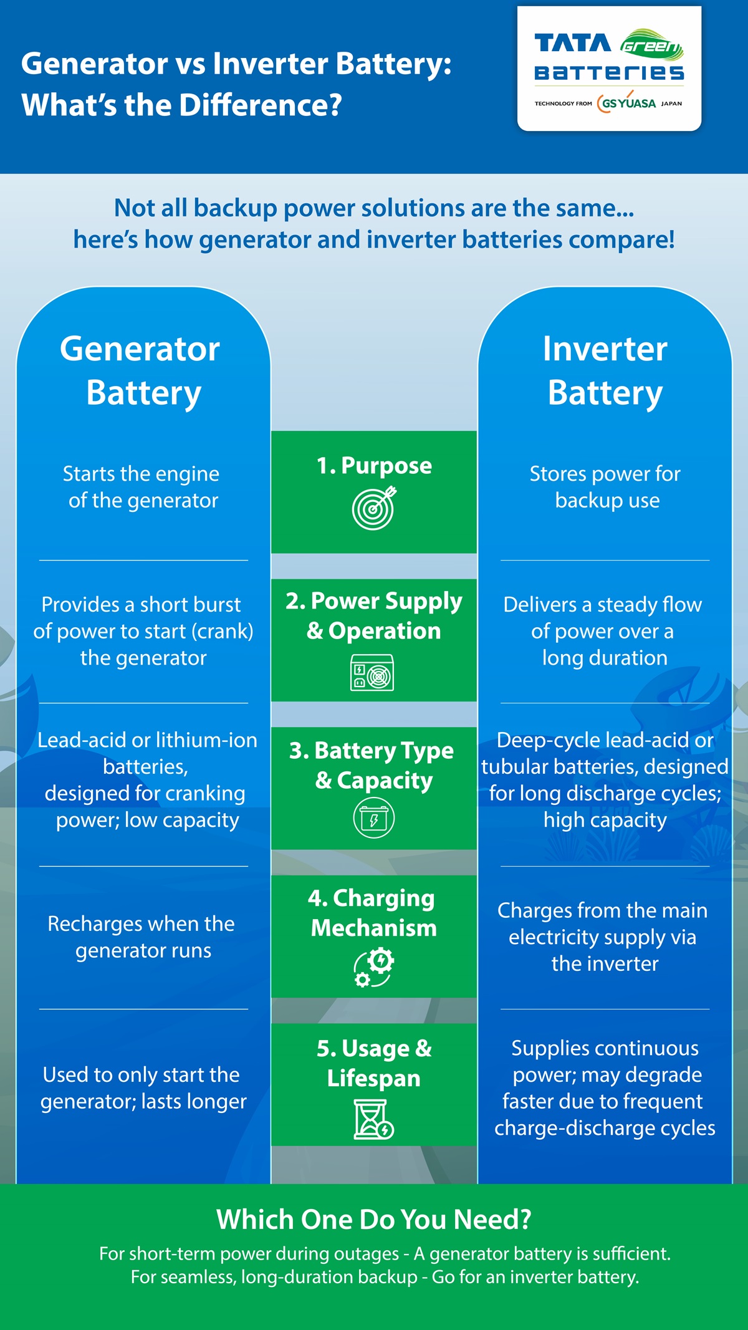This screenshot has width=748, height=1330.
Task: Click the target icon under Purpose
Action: (x=374, y=509)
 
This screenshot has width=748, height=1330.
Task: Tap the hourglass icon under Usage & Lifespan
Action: (x=373, y=1119)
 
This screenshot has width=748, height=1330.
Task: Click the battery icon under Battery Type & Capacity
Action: (x=374, y=818)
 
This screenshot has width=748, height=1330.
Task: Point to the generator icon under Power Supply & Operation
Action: (x=372, y=673)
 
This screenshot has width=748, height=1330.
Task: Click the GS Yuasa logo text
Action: (x=627, y=103)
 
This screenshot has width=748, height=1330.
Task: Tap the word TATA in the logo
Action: (x=572, y=44)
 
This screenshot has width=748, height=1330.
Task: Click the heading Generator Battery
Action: (x=143, y=370)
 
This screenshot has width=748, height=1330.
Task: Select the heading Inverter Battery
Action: (x=605, y=370)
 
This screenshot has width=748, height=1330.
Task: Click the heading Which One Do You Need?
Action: (x=374, y=1219)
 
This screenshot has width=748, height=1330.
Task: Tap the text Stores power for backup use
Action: (x=605, y=487)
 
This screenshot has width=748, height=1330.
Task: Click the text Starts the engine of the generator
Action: (x=143, y=487)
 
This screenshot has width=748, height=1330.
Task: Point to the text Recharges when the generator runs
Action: (x=143, y=937)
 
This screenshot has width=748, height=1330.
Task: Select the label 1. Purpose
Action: (x=374, y=466)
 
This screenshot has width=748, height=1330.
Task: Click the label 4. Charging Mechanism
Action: (x=373, y=913)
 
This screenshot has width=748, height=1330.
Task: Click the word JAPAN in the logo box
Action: (x=671, y=104)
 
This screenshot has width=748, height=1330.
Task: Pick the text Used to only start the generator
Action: (x=142, y=1087)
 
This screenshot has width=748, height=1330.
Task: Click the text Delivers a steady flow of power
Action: (x=603, y=631)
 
